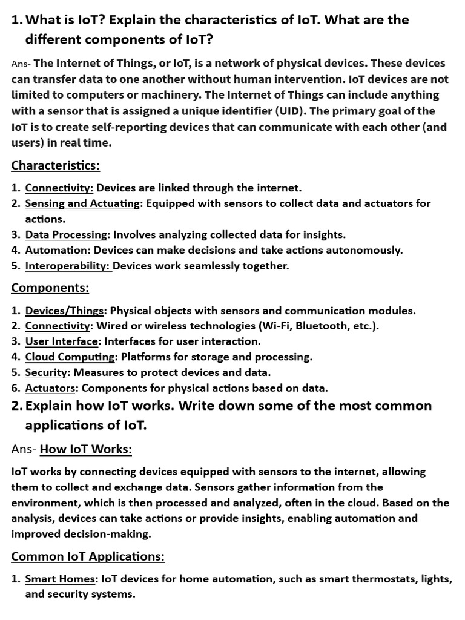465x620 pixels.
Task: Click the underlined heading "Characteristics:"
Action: pos(56,165)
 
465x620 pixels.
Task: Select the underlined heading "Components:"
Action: pos(50,288)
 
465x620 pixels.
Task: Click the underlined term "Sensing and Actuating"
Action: pos(82,203)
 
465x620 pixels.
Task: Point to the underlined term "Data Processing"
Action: pos(66,234)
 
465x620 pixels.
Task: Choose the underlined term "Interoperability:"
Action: pos(68,266)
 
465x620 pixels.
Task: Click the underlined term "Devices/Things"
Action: pos(65,311)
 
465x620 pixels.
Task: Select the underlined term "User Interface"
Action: pos(61,341)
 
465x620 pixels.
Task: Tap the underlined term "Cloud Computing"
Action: pos(70,357)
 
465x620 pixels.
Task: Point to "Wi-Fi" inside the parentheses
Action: pos(276,326)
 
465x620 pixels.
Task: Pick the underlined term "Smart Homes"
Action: pos(60,579)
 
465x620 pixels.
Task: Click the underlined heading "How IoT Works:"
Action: pos(86,449)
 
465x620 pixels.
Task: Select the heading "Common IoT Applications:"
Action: pos(88,556)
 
